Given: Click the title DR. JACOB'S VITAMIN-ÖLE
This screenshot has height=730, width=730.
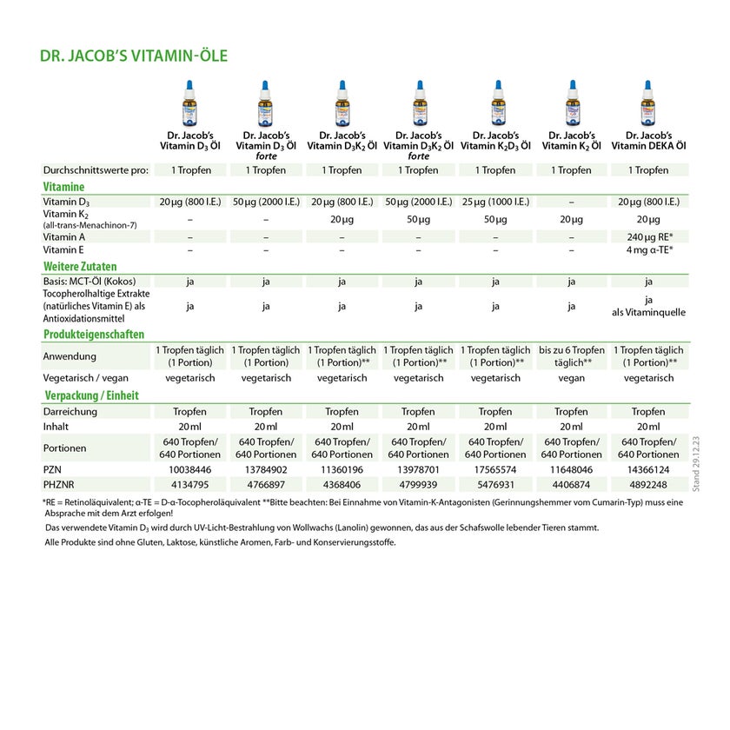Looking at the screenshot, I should point(134,56).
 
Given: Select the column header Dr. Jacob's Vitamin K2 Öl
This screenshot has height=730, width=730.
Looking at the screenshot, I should point(571,141).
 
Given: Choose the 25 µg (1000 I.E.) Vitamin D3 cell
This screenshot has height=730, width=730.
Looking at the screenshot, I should point(495,202).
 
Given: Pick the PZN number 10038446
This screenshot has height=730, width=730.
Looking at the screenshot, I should point(189,468).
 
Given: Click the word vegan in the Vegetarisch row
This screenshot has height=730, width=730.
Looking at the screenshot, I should point(571,378).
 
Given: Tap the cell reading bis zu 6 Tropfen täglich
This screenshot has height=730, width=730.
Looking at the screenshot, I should point(571,355).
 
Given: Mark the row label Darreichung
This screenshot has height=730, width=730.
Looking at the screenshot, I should point(70,411).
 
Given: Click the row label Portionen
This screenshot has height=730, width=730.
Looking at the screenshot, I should point(66,448).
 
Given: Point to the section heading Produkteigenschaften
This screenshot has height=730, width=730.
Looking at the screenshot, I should point(94,334).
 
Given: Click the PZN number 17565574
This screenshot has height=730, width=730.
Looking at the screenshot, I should point(495,468).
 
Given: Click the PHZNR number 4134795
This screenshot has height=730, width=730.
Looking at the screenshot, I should point(189,484).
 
